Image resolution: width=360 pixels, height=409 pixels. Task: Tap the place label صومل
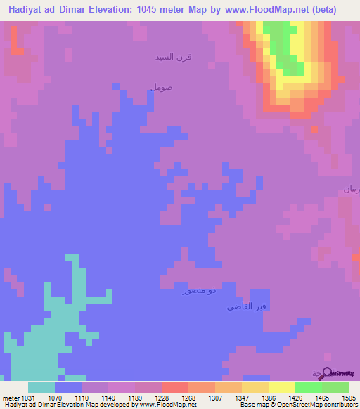tap(160, 87)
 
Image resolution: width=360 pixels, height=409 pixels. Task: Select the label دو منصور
tap(197, 290)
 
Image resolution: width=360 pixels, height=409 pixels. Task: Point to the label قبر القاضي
tap(247, 307)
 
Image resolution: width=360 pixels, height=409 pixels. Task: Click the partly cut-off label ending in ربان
tap(351, 189)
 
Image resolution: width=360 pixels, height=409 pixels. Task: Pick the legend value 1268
tap(174, 398)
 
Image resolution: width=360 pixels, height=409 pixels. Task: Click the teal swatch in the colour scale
tap(41, 387)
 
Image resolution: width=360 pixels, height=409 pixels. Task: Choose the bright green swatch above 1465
tap(309, 387)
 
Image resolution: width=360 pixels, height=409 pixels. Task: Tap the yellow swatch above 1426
tap(282, 387)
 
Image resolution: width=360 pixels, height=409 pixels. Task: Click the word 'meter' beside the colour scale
tap(12, 398)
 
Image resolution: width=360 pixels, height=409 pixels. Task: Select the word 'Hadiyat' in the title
tap(28, 10)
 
